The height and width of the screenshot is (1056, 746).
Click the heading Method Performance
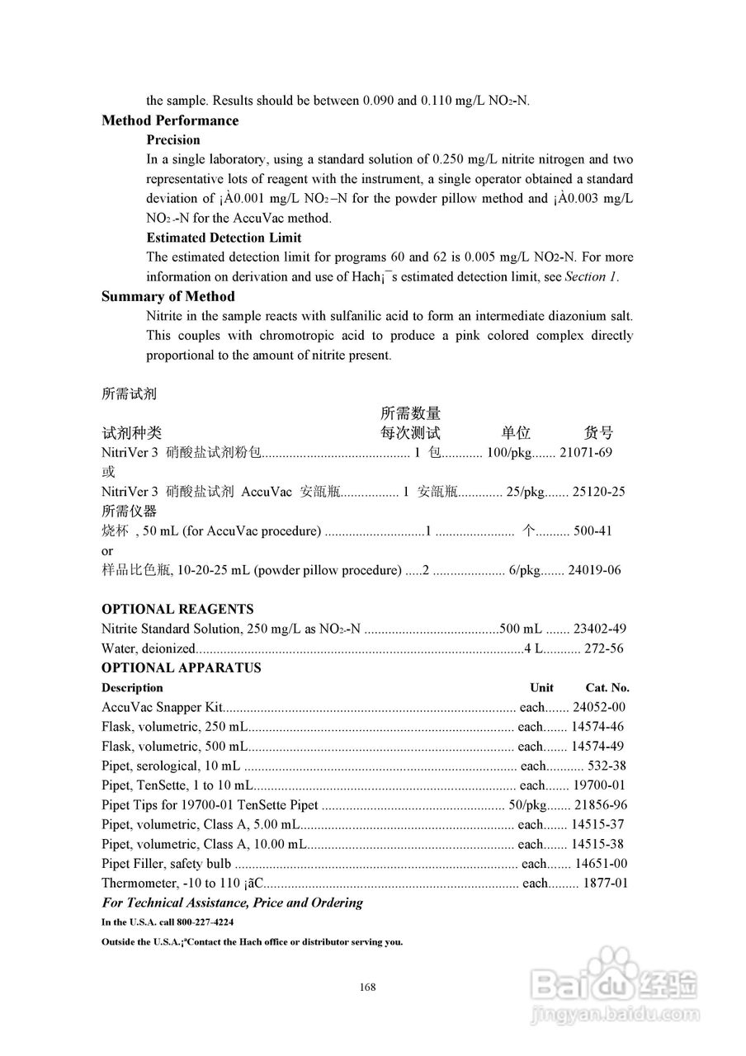(x=170, y=120)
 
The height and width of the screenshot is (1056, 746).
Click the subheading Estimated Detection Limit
(x=224, y=238)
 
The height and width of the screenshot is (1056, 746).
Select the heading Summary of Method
(x=168, y=296)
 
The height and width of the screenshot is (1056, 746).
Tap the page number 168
(x=368, y=987)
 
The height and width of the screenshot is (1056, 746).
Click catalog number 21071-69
(x=586, y=452)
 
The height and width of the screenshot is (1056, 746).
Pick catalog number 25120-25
(x=598, y=492)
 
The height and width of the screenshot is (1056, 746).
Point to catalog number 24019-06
(x=595, y=570)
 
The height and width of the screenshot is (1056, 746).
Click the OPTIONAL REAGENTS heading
(x=177, y=609)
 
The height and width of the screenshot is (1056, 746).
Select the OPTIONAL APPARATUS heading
(x=181, y=667)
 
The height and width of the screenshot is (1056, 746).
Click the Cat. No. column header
(x=607, y=687)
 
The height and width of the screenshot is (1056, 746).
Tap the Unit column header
(x=541, y=687)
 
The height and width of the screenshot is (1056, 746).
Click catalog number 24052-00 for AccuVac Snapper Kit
(x=599, y=707)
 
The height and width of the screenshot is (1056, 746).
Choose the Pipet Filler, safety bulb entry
(x=167, y=864)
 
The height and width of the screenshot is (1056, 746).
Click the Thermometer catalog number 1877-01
(x=606, y=884)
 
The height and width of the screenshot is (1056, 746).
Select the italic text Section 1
(x=591, y=277)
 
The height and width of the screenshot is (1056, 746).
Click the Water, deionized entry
(x=149, y=648)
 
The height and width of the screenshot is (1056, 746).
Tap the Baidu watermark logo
(x=615, y=981)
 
